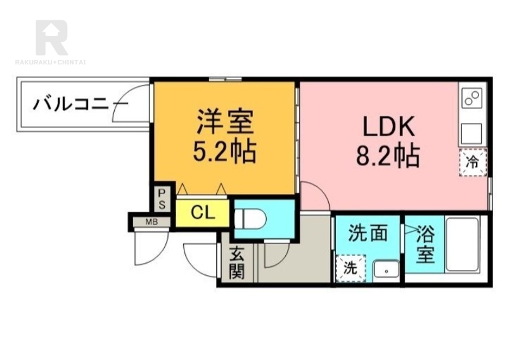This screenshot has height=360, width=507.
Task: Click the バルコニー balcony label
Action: pyautogui.click(x=81, y=104)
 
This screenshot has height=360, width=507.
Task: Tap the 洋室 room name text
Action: pyautogui.click(x=226, y=122)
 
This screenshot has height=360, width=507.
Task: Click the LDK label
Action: pyautogui.click(x=388, y=126)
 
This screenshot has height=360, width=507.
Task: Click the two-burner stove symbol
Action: pyautogui.click(x=472, y=98)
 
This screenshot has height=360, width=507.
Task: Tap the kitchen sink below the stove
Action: pyautogui.click(x=472, y=134)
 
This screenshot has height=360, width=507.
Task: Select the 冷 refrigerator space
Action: pyautogui.click(x=473, y=162)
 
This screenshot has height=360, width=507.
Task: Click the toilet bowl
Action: pyautogui.click(x=250, y=218)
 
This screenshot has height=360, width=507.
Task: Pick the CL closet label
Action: pyautogui.click(x=203, y=212)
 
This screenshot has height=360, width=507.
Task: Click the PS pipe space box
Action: pyautogui.click(x=162, y=199)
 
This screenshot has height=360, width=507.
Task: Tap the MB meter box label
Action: pyautogui.click(x=151, y=222)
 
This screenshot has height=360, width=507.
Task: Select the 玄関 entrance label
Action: pyautogui.click(x=236, y=264)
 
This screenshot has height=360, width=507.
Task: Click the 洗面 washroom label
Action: pyautogui.click(x=368, y=233)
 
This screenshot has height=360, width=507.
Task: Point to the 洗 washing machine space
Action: pyautogui.click(x=350, y=268)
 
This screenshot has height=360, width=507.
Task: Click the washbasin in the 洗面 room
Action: pyautogui.click(x=387, y=269)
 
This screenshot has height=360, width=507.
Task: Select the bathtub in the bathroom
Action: pyautogui.click(x=462, y=245)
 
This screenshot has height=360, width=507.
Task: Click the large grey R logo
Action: pyautogui.click(x=52, y=37)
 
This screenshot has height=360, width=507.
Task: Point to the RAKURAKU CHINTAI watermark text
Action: pyautogui.click(x=50, y=62)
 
